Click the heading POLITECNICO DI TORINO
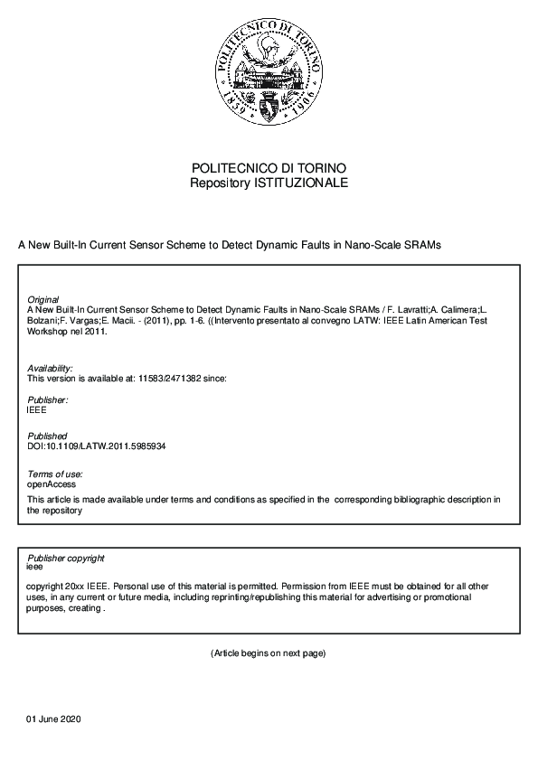(x=269, y=169)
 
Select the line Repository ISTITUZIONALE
(x=269, y=183)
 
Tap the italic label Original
(x=43, y=299)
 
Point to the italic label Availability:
(x=50, y=369)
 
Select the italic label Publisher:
(x=48, y=399)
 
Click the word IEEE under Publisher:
(x=37, y=409)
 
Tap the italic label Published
(x=47, y=437)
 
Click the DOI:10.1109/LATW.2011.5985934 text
(x=97, y=446)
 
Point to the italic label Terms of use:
(x=55, y=474)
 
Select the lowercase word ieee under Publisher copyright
(x=35, y=568)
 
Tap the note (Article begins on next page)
(x=268, y=653)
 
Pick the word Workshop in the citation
(x=48, y=332)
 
